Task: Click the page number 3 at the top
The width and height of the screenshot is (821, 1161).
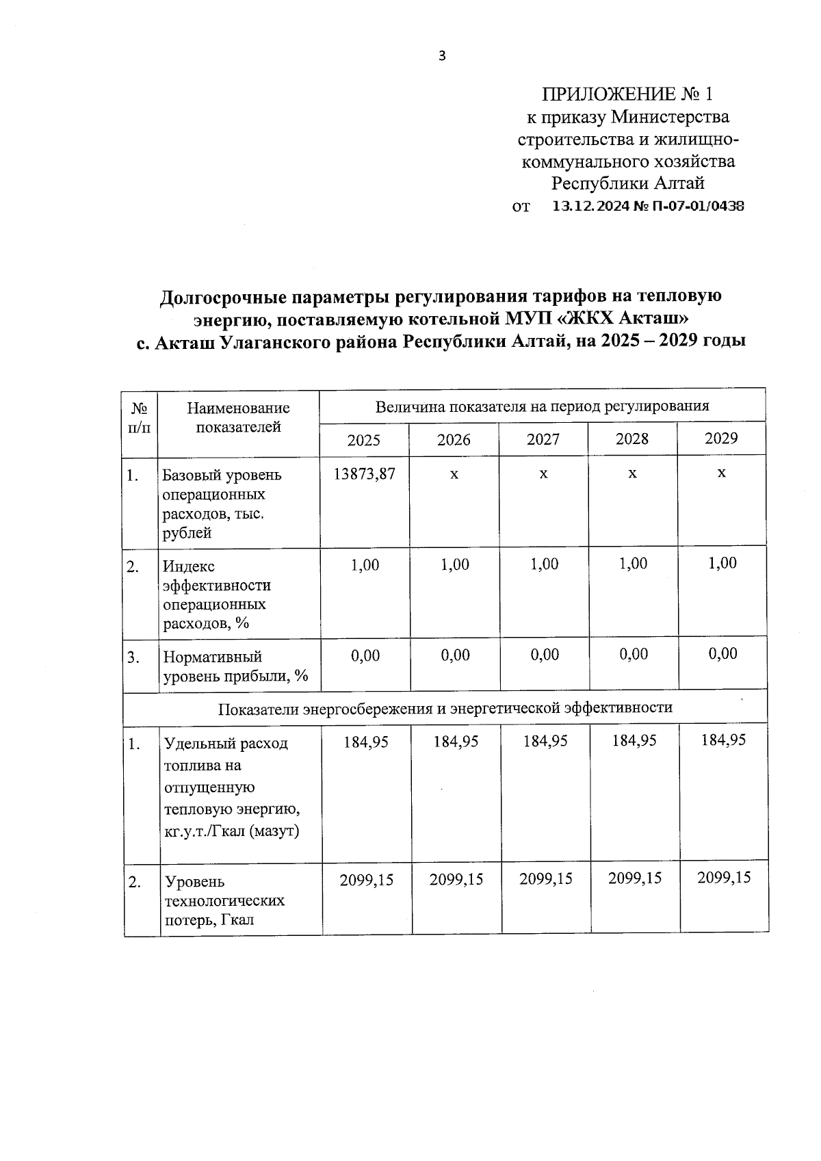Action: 442,56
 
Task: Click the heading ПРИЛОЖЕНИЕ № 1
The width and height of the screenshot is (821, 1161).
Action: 627,94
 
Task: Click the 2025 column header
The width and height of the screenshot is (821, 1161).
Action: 363,440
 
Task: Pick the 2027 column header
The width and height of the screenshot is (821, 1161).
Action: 543,439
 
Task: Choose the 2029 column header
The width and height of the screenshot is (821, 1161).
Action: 721,439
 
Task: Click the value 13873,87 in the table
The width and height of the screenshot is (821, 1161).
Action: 364,474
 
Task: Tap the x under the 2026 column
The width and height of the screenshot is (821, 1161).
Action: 454,473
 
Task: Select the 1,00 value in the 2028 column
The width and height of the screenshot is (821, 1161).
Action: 633,564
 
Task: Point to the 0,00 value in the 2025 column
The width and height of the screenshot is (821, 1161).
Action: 365,655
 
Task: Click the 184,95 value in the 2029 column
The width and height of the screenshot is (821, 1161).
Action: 723,740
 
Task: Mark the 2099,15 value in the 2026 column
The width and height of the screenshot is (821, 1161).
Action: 456,879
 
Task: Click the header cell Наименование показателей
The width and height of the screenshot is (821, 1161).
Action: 238,418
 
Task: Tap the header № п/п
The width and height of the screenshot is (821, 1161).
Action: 140,418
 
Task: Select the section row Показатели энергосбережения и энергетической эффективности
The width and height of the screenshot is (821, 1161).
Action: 445,708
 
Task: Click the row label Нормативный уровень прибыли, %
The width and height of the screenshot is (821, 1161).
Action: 235,666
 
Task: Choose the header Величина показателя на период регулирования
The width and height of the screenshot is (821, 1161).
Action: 542,406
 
